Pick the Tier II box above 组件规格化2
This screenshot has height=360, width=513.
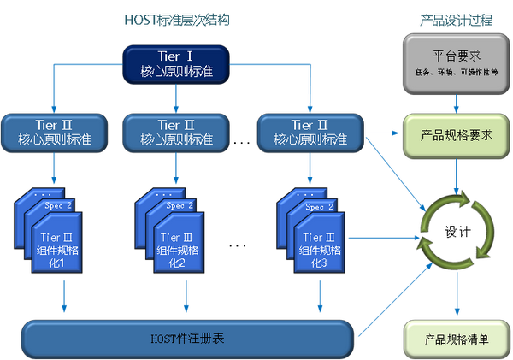coord(174,132)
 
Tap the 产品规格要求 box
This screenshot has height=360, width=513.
coord(456,137)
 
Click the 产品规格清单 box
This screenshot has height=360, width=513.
coord(456,339)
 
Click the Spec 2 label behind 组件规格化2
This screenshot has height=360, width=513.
coord(179,206)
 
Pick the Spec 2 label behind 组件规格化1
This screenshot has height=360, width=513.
coord(58,206)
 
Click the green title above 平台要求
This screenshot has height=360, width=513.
coord(456,16)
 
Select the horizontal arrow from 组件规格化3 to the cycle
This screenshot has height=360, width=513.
coord(380,234)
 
